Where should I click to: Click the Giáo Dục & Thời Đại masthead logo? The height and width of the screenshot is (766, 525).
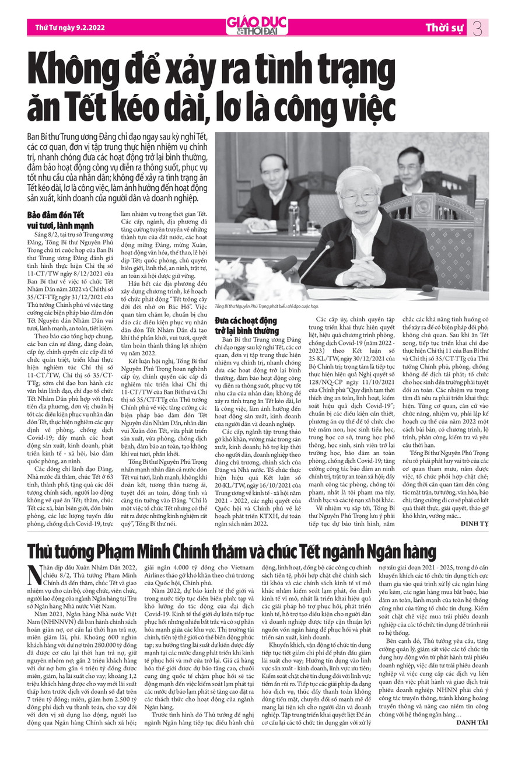pos(257,25)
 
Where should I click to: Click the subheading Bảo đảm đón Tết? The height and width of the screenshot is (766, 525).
pos(51,215)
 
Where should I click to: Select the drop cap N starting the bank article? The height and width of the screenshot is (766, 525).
pos(34,574)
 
